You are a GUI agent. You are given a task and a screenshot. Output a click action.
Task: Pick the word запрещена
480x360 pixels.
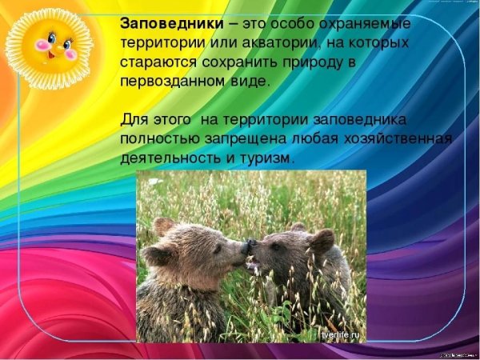click(245, 139)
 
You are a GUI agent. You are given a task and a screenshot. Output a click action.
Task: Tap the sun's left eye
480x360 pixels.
click(45, 40)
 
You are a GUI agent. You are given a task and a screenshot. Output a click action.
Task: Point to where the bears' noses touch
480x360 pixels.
click(249, 246)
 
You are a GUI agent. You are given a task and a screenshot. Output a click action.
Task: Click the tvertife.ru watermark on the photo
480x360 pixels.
click(341, 334)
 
